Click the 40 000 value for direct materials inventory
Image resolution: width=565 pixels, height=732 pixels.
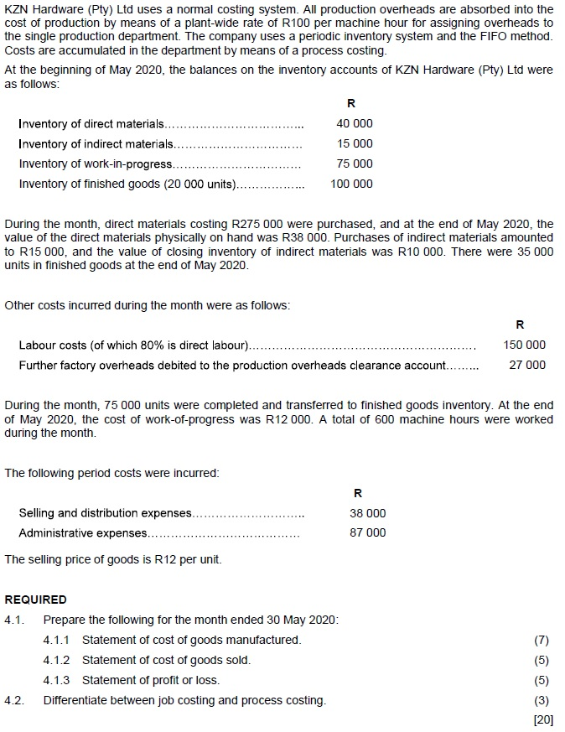pos(355,124)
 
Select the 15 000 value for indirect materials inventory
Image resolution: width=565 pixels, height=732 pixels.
pos(355,144)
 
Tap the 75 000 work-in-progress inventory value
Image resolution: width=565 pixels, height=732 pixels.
pos(355,164)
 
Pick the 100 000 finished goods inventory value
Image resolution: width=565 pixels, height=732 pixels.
pos(352,184)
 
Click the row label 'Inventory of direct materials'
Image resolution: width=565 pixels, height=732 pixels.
pos(91,124)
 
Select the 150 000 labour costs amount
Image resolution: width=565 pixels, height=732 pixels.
pos(524,345)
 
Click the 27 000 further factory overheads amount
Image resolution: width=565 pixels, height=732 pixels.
pos(527,365)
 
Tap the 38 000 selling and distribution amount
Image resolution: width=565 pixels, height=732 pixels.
pos(368,513)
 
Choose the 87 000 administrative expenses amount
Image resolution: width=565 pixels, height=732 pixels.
pos(368,533)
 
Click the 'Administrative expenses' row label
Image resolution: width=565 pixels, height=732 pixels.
pos(83,533)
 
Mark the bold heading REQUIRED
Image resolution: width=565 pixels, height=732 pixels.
pos(35,600)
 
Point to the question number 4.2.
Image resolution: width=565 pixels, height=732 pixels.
pos(13,700)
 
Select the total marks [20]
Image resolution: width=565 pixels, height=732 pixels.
pos(543,719)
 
